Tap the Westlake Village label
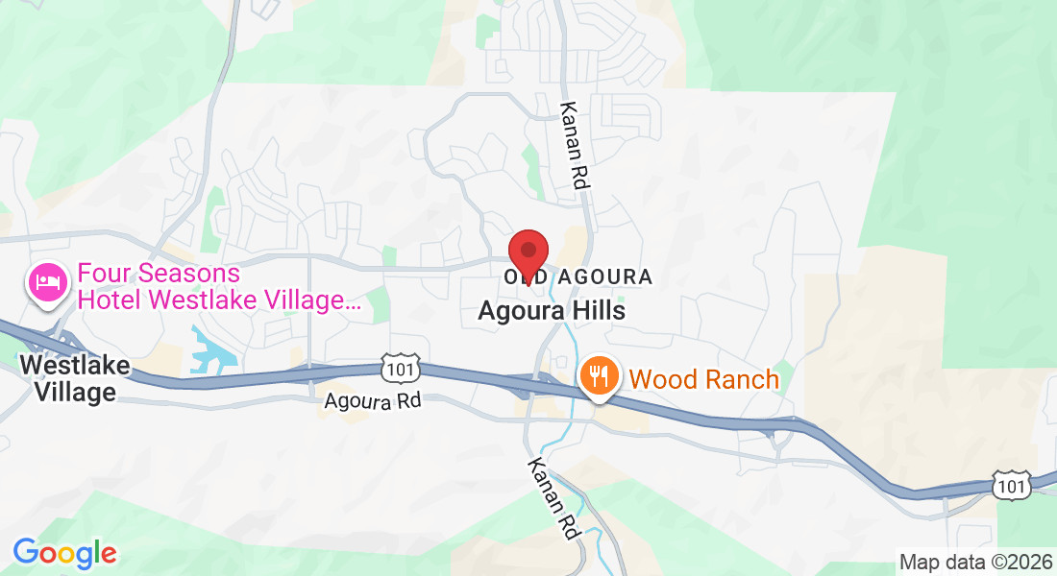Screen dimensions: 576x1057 pyautogui.click(x=67, y=378)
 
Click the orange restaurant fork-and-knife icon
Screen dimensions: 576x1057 pyautogui.click(x=599, y=376)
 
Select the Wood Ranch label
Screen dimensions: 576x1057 pyautogui.click(x=704, y=379)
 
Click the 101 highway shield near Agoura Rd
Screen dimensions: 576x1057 pyautogui.click(x=397, y=367)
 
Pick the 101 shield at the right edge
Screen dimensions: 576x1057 pyautogui.click(x=1013, y=486)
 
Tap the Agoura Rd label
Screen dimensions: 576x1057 pyautogui.click(x=372, y=401)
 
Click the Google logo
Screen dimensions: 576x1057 pyautogui.click(x=64, y=553)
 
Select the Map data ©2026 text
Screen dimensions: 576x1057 pyautogui.click(x=975, y=562)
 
